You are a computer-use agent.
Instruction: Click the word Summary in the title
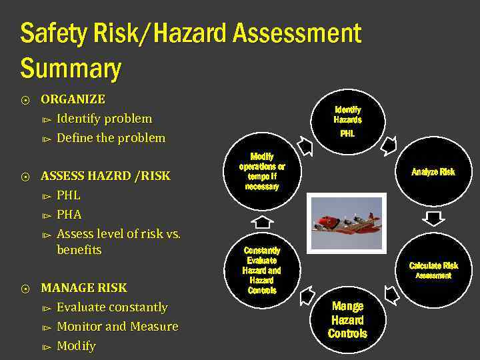pos(71,69)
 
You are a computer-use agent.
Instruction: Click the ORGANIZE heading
pos(73,99)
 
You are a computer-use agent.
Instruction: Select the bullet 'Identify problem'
pos(104,119)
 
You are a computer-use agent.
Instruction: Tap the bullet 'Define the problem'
pos(111,138)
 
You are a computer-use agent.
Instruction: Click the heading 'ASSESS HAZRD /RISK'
pos(105,176)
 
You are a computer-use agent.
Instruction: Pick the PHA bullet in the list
pos(69,215)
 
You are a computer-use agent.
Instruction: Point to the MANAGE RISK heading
pos(83,288)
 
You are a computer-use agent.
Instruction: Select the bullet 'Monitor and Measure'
pos(117,327)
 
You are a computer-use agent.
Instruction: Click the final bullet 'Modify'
pos(76,346)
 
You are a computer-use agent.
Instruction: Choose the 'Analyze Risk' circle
pos(433,172)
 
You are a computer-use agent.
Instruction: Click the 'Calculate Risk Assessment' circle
pos(433,270)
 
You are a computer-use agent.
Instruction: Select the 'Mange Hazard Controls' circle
pos(347,319)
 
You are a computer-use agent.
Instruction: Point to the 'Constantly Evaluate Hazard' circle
pos(263,270)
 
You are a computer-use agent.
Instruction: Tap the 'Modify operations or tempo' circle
pos(262,172)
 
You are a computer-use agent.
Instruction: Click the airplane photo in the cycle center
pos(348,222)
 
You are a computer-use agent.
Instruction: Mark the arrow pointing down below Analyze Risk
pos(434,219)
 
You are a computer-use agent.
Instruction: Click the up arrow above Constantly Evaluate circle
pos(264,221)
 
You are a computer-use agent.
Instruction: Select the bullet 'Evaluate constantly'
pos(112,307)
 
